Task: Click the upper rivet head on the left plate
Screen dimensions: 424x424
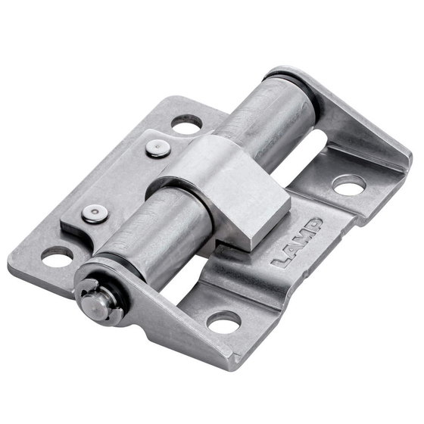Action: click(158, 148)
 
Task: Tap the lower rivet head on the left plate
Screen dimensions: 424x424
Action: click(95, 214)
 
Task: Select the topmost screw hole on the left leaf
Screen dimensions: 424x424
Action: click(186, 125)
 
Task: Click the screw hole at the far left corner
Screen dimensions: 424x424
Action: click(57, 257)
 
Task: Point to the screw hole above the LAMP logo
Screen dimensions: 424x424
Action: click(349, 185)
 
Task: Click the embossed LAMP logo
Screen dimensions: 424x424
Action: click(298, 243)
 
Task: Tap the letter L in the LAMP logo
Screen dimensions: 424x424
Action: click(281, 260)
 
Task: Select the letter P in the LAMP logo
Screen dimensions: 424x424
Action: click(313, 226)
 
